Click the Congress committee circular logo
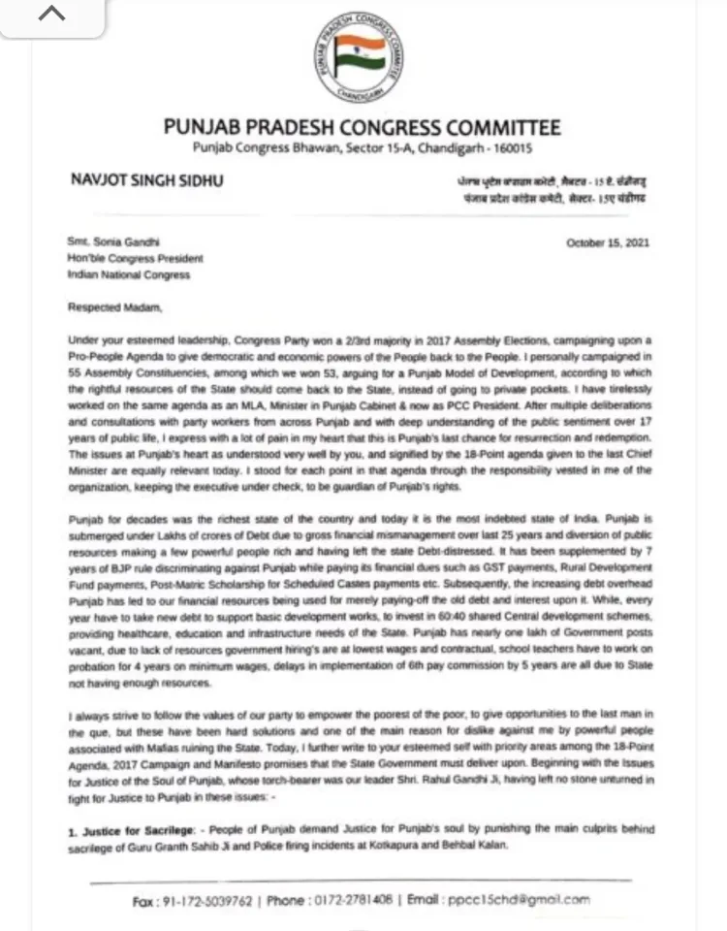[363, 62]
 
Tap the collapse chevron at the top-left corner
[51, 16]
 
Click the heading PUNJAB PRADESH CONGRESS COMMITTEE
[363, 128]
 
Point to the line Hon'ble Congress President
[135, 259]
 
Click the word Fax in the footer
[143, 900]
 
